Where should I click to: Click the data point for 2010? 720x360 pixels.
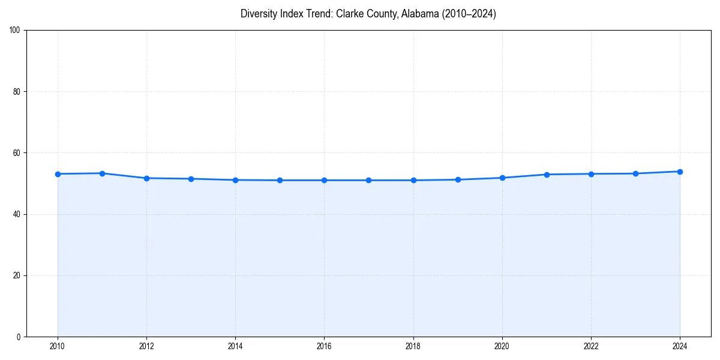tap(58, 174)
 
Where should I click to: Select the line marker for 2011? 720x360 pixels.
tap(102, 173)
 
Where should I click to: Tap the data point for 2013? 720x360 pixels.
tap(191, 179)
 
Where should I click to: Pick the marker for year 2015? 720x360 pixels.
tap(280, 180)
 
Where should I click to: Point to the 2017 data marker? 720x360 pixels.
tap(368, 180)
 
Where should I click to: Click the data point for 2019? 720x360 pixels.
tap(458, 179)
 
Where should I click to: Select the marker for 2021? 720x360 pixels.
tap(547, 175)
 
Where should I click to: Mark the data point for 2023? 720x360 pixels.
tap(635, 173)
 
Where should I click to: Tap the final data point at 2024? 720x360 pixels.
tap(680, 172)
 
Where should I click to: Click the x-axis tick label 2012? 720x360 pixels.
tap(146, 346)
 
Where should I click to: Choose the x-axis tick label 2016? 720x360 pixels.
tap(324, 346)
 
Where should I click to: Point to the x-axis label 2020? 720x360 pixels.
tap(502, 346)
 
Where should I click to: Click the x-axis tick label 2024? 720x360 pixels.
tap(680, 346)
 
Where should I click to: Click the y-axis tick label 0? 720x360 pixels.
tap(19, 337)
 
